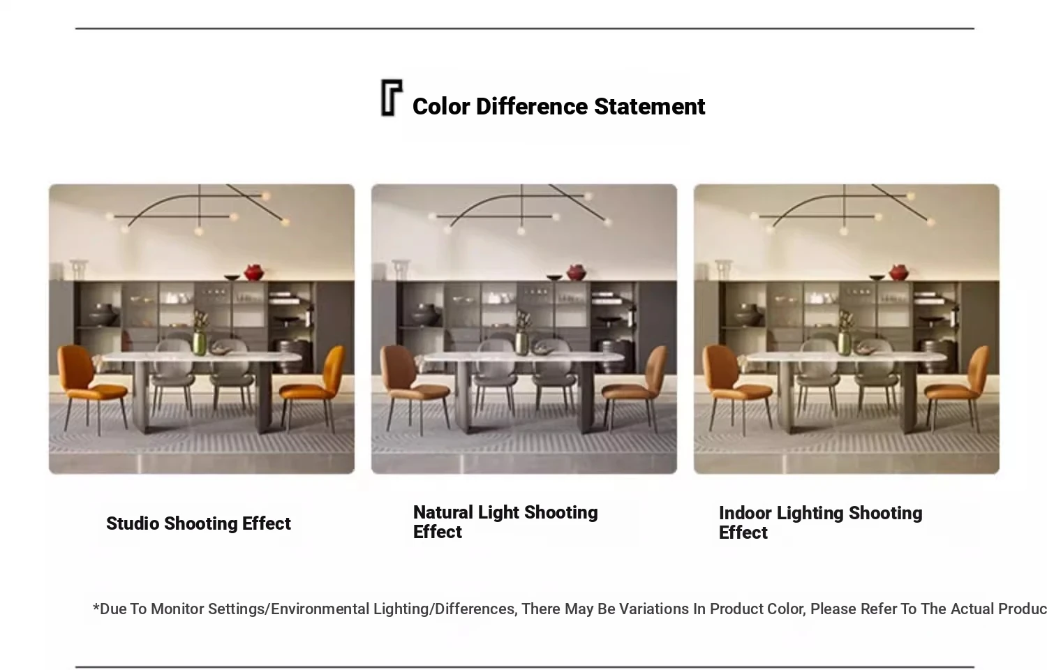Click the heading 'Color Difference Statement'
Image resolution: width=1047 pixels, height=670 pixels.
[558, 107]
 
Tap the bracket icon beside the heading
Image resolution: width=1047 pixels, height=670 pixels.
[391, 98]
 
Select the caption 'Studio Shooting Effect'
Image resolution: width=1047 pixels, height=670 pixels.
[198, 523]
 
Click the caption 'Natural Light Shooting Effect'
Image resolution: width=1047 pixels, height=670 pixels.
[505, 522]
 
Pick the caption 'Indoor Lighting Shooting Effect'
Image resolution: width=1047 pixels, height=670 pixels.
[820, 522]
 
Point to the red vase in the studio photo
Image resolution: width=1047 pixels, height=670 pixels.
[254, 272]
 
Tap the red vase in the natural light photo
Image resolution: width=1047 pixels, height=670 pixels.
[577, 272]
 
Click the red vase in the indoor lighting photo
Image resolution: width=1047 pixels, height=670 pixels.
[899, 272]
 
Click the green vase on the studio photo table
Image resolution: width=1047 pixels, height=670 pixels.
[200, 343]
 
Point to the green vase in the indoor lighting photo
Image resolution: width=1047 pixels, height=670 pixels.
[845, 343]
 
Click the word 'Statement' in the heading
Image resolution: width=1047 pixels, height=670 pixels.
[649, 107]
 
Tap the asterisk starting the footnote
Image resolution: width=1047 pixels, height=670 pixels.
[96, 607]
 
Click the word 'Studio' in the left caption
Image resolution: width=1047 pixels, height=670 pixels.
[133, 523]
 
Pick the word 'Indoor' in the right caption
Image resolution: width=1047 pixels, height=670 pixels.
[745, 513]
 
